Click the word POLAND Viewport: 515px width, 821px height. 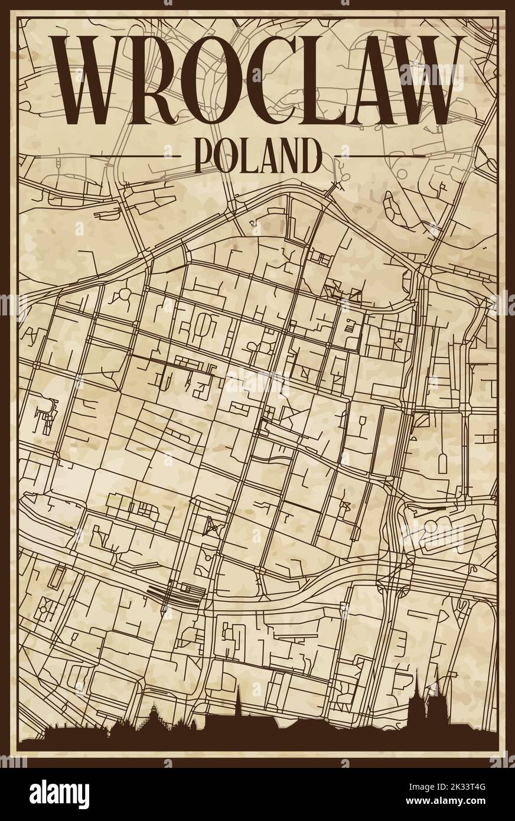click(x=257, y=155)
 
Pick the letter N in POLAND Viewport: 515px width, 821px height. click(x=288, y=155)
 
